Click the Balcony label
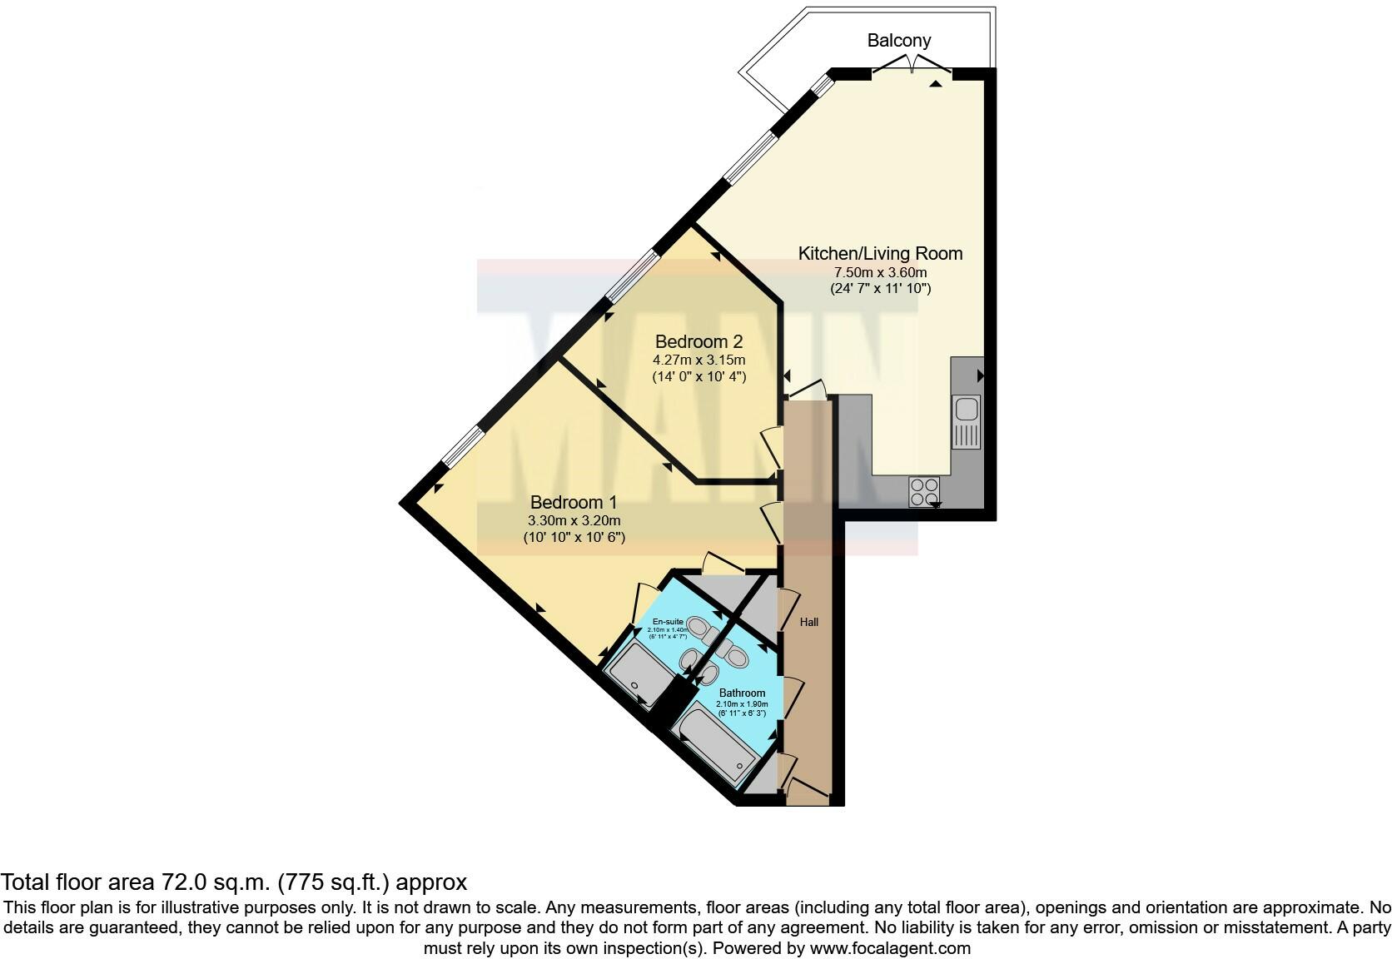click(x=898, y=40)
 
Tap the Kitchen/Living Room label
click(x=880, y=253)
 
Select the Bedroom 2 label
click(x=698, y=341)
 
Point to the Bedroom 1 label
click(x=574, y=502)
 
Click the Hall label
click(x=809, y=622)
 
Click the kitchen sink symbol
click(x=967, y=422)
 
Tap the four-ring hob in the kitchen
click(x=924, y=491)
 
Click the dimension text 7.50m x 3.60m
click(x=880, y=272)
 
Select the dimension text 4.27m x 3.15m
click(x=698, y=360)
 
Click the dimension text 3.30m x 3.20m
click(x=574, y=521)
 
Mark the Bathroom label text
click(x=742, y=693)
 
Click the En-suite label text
click(x=668, y=622)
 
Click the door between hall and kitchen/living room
click(x=808, y=391)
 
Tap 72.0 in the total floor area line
click(x=172, y=882)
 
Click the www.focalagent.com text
click(x=889, y=947)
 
